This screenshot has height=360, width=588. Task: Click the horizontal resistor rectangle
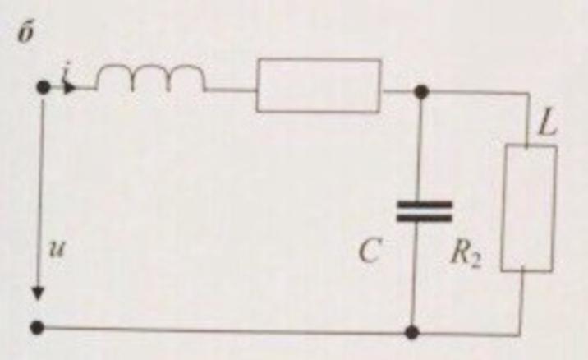tap(318, 85)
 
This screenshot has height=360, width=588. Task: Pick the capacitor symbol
tap(424, 211)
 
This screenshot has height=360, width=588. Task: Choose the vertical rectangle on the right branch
tap(528, 208)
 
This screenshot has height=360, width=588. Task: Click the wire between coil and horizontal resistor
tap(231, 88)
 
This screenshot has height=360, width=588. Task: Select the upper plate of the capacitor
tap(424, 204)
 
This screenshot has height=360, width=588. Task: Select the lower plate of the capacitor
tap(424, 219)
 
